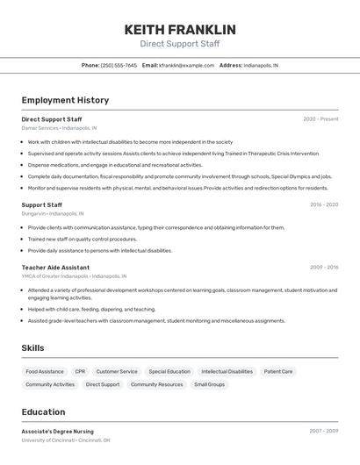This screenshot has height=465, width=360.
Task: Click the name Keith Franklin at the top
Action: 180,29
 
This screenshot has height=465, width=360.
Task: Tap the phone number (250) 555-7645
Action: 119,65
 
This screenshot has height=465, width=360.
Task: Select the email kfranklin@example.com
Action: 186,65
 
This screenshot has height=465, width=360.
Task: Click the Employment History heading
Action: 65,100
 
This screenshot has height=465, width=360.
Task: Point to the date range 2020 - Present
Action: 320,118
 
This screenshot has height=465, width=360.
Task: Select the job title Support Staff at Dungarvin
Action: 41,204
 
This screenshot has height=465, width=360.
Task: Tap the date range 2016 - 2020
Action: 323,204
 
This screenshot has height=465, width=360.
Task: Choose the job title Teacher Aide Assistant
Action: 55,267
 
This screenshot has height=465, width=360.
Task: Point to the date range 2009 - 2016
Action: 323,267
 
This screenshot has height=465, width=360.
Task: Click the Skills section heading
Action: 32,348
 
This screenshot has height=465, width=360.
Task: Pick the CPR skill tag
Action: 80,371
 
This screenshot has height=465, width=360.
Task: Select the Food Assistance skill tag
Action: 45,371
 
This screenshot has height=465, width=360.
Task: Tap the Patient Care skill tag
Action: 278,371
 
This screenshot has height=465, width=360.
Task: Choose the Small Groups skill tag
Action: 210,384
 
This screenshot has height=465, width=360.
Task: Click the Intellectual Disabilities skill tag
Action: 227,371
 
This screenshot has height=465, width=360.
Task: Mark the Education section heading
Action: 43,411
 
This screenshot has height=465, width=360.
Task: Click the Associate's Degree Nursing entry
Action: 57,431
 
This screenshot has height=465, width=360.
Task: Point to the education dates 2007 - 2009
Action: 323,431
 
